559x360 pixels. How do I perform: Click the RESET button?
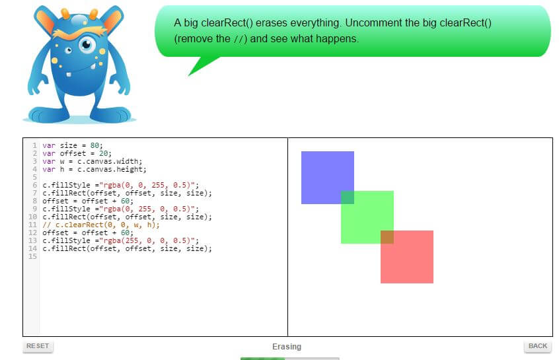pyautogui.click(x=38, y=346)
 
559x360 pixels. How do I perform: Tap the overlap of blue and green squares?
pyautogui.click(x=347, y=197)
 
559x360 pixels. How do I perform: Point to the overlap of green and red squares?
pyautogui.click(x=387, y=236)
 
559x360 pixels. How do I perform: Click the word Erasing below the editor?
pyautogui.click(x=286, y=347)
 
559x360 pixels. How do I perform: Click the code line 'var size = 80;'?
pyautogui.click(x=73, y=145)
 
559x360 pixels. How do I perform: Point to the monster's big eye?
pyautogui.click(x=87, y=44)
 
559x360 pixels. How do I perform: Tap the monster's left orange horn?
pyautogui.click(x=45, y=20)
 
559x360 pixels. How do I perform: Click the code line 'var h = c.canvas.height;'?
pyautogui.click(x=92, y=169)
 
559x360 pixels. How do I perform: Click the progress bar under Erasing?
pyautogui.click(x=289, y=358)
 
